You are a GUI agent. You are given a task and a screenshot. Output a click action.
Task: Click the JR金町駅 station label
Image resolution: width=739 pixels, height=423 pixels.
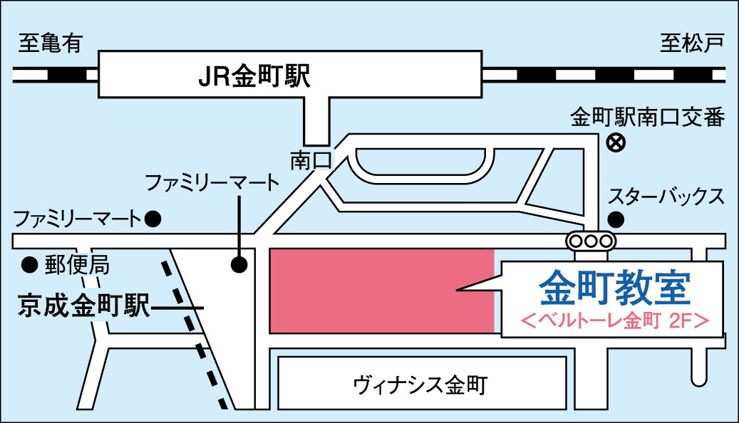click(254, 75)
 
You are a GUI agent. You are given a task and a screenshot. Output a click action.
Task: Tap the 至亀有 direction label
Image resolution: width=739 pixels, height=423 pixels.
click(51, 44)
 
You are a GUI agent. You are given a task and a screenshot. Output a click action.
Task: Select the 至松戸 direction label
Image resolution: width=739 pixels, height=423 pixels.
click(691, 44)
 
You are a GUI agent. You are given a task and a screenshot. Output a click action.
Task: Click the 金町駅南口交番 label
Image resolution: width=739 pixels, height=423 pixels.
click(647, 117)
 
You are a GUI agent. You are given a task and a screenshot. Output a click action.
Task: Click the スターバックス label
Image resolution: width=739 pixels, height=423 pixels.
click(666, 195)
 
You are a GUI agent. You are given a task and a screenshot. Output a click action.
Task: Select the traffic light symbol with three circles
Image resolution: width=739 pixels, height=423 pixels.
click(590, 241)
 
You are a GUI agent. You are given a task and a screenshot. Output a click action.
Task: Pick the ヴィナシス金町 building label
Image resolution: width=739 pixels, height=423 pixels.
click(420, 385)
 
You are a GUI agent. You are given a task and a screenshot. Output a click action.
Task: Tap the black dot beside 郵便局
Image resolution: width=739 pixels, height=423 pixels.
click(29, 264)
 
